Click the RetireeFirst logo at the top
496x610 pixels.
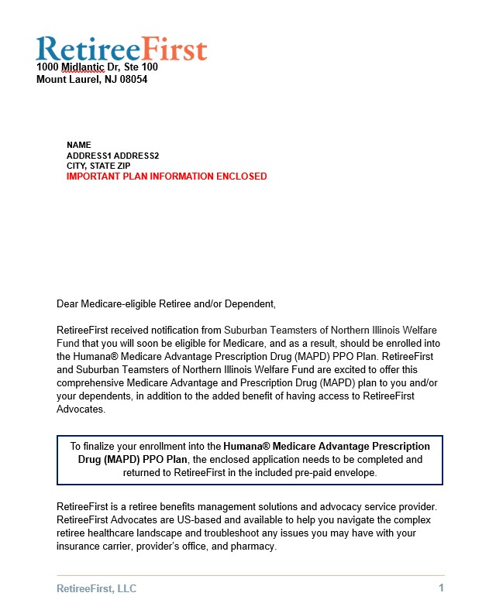122,48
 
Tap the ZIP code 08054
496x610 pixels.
133,79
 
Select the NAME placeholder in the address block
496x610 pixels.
79,145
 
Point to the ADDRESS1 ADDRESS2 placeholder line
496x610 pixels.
112,156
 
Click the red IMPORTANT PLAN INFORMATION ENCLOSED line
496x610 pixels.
167,176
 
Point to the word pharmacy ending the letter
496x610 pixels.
252,547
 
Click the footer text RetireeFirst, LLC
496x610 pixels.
96,588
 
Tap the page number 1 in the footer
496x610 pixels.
441,588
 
